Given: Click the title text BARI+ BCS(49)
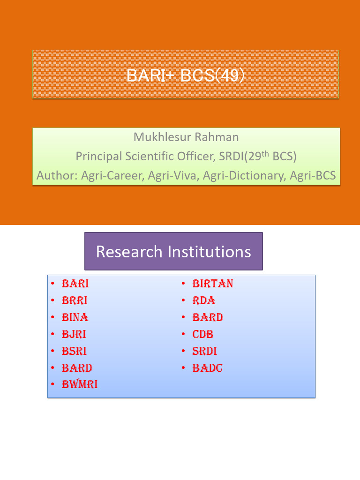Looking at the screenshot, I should click(186, 75).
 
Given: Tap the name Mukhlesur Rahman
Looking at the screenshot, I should click(186, 137).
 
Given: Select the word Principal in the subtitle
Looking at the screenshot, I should click(96, 156).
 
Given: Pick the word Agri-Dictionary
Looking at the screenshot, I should click(240, 176).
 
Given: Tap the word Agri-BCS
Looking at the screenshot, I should click(313, 176).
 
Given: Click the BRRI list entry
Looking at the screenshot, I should click(75, 301).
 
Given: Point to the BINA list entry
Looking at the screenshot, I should click(75, 318).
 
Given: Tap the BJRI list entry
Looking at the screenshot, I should click(74, 335).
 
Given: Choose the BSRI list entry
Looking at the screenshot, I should click(74, 352).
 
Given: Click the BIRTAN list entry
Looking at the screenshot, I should click(213, 284).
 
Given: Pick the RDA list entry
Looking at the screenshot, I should click(204, 301).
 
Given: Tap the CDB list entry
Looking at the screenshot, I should click(203, 335).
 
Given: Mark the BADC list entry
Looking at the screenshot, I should click(207, 368).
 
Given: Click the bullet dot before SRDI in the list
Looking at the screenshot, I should click(184, 351).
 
